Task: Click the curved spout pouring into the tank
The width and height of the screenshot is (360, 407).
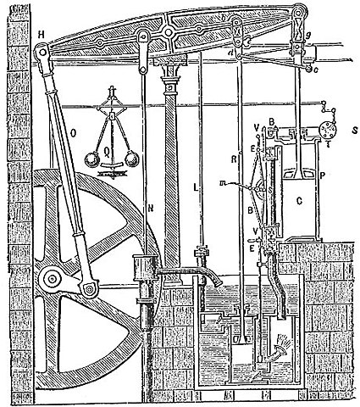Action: (212, 278)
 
